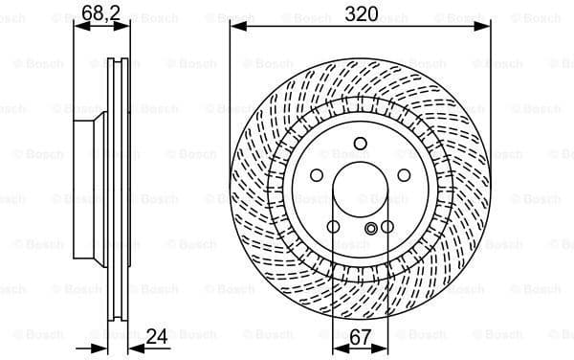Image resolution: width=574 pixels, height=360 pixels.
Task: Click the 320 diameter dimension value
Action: [x=360, y=13]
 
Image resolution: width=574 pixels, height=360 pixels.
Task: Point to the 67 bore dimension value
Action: [x=361, y=336]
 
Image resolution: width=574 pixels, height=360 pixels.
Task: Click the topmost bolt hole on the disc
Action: [x=360, y=146]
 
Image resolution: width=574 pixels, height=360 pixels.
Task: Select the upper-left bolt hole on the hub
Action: [x=316, y=176]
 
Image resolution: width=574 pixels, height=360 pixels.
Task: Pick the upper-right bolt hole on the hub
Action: [x=404, y=176]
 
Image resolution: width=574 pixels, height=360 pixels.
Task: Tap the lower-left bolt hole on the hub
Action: [x=333, y=227]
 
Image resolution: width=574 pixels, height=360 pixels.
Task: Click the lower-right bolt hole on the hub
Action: [x=387, y=227]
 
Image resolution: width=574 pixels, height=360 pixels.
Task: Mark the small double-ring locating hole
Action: [x=372, y=228]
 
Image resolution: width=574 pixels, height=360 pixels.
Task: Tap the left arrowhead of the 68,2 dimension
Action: [x=78, y=27]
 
